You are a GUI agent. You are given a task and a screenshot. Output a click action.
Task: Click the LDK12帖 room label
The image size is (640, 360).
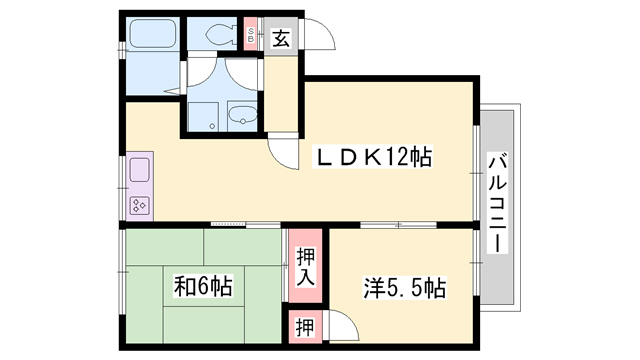(375, 157)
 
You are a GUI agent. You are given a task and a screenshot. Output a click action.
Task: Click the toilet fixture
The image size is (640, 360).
(214, 33)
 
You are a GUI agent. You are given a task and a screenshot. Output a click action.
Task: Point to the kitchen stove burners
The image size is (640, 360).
(138, 206)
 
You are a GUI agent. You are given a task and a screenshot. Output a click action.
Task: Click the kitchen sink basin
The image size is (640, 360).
(138, 169)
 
